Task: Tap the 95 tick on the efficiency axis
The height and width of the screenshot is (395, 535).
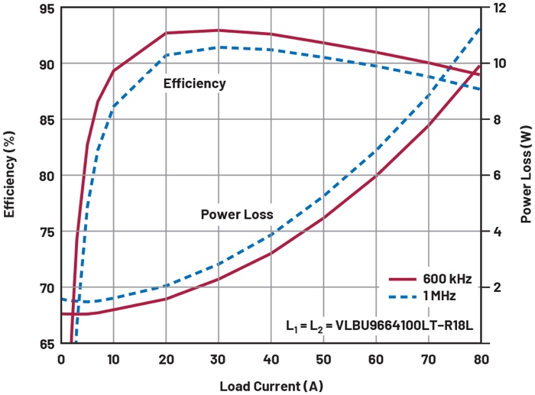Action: (x=45, y=8)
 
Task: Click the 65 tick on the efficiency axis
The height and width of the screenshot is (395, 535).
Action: (x=45, y=344)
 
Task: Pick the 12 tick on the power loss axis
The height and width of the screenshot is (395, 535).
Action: (x=499, y=8)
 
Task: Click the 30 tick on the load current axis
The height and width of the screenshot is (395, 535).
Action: (x=219, y=358)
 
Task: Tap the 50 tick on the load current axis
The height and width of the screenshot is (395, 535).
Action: (x=323, y=358)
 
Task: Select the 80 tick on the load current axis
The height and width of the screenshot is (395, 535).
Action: (x=480, y=358)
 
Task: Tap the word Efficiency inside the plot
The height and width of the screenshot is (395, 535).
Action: (x=194, y=84)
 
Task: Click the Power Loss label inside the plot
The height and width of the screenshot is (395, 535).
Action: (x=237, y=215)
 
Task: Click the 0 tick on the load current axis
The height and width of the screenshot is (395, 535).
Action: (x=61, y=358)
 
